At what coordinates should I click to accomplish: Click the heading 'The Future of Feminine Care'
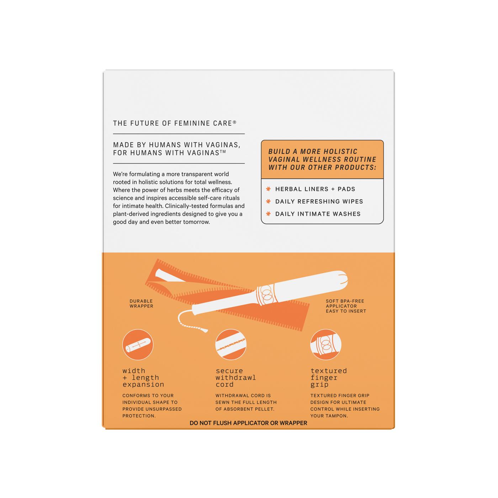[174, 123]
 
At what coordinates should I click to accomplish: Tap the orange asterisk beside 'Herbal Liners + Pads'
[268, 189]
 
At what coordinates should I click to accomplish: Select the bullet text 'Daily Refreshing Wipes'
[319, 201]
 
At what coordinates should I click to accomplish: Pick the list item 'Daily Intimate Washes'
[318, 214]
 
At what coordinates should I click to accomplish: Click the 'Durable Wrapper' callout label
[141, 303]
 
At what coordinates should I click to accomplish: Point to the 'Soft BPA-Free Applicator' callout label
[346, 306]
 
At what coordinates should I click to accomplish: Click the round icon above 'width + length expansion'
[138, 344]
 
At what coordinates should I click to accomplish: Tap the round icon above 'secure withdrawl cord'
[231, 344]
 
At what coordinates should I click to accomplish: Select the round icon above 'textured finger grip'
[325, 344]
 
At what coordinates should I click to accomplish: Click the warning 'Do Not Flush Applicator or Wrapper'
[248, 423]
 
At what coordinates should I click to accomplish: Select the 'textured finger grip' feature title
[328, 377]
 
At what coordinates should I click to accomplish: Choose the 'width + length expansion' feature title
[143, 377]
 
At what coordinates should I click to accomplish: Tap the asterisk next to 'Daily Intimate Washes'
[268, 214]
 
